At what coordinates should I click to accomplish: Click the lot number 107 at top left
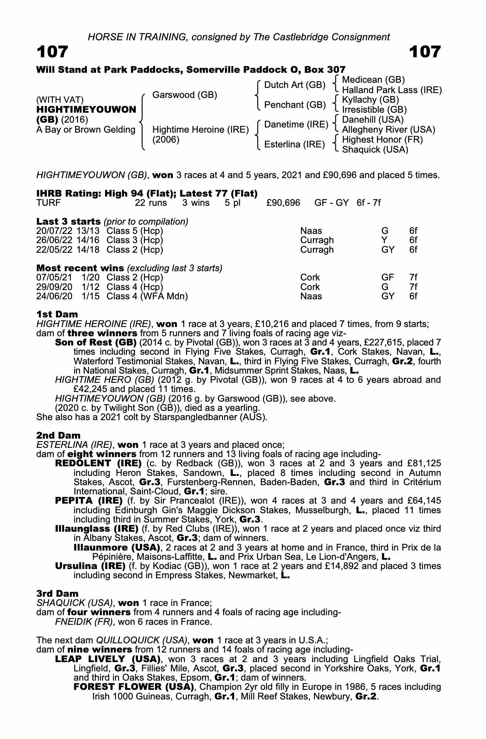pos(52,52)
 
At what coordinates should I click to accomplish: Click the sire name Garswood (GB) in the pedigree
pos(185,95)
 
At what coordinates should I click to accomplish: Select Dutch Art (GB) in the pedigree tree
pos(294,85)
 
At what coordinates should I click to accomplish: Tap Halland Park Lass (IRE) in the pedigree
pos(392,90)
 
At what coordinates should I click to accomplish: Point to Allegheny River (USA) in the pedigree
pos(388,130)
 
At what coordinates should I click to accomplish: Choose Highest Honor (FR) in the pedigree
pos(382,140)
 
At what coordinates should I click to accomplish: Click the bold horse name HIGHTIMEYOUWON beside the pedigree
pos(86,110)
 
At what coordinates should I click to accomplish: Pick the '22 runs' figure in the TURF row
pos(151,203)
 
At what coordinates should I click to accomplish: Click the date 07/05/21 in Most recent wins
pos(54,277)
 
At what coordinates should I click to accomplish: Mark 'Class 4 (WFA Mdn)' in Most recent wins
pos(147,296)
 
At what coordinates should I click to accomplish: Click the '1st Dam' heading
pos(57,314)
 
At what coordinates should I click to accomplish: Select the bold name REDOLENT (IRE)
pos(98,463)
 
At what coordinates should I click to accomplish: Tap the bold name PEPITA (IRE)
pos(89,501)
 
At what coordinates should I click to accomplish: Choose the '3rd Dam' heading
pos(57,594)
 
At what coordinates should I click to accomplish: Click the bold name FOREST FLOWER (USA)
pos(134,687)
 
